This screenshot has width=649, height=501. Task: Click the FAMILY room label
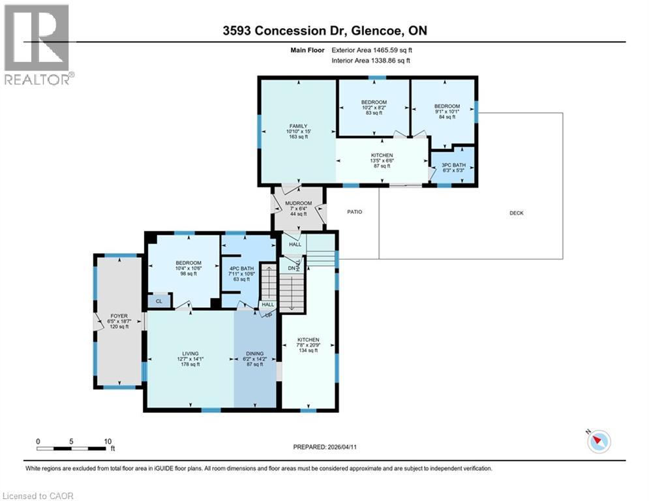(x=298, y=127)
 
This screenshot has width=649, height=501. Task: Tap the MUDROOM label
(x=299, y=204)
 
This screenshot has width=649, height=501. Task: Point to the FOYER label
(x=119, y=315)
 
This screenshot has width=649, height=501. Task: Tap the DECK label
(x=517, y=213)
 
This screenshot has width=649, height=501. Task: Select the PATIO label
(x=354, y=212)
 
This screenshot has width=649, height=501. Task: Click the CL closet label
(x=158, y=301)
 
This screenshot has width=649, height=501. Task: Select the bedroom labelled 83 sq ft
(x=374, y=102)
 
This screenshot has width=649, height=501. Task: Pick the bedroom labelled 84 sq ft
(x=447, y=106)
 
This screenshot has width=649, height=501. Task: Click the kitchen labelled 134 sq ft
(x=308, y=340)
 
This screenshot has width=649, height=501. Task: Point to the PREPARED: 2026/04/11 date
(x=326, y=447)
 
